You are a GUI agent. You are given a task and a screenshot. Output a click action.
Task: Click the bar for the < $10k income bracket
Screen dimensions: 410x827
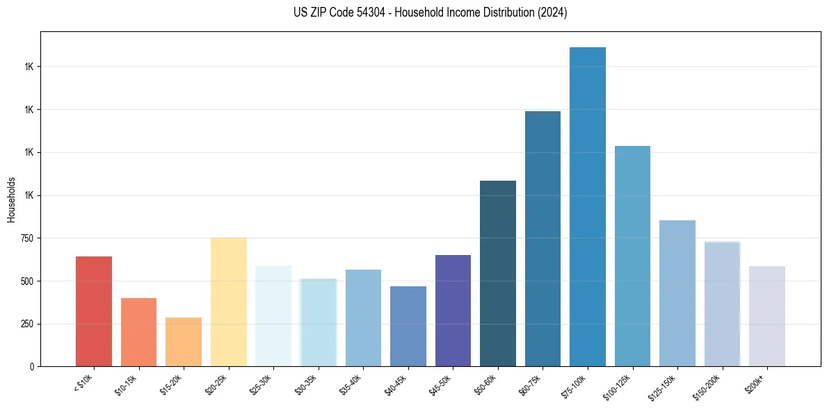[x=94, y=311]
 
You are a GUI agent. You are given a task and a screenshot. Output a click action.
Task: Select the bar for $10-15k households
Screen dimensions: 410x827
[x=138, y=332]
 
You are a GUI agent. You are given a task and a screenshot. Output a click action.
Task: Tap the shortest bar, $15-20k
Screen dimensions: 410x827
[x=184, y=342]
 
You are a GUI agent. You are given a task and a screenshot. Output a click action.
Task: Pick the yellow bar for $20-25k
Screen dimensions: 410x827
[x=229, y=302]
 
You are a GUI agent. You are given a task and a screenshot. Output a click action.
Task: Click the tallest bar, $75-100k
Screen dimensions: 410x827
[x=588, y=206]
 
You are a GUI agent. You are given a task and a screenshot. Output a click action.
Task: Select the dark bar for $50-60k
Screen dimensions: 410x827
[x=498, y=273]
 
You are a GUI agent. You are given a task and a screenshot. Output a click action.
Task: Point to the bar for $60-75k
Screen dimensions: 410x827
[x=543, y=238]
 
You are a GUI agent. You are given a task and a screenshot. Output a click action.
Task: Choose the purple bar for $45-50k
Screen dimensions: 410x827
[x=453, y=311]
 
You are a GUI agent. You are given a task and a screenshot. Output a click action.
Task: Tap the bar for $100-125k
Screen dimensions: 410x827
[x=632, y=256]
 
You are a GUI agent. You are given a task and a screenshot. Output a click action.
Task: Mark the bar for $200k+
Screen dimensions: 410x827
[x=767, y=316]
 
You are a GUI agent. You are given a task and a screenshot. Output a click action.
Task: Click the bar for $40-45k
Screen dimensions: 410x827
[x=408, y=326]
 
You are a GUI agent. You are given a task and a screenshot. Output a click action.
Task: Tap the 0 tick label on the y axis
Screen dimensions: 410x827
[x=32, y=367]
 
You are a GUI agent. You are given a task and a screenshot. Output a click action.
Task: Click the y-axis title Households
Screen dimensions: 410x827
[x=11, y=199]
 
